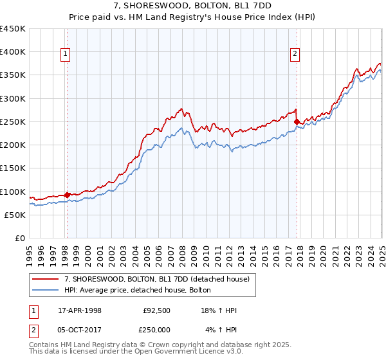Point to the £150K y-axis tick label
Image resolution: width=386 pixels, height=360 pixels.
pos(13,168)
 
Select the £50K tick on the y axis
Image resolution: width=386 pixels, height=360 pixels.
pos(15,215)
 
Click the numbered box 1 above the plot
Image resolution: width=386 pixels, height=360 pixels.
pos(66,55)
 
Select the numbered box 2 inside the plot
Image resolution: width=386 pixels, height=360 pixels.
pos(295,55)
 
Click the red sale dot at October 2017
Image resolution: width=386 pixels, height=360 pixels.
pos(297,122)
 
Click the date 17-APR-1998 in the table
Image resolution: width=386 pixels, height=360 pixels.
pos(80,310)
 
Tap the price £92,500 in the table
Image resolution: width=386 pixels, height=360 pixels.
pos(157,310)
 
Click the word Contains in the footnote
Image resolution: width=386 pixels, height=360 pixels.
pos(46,346)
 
